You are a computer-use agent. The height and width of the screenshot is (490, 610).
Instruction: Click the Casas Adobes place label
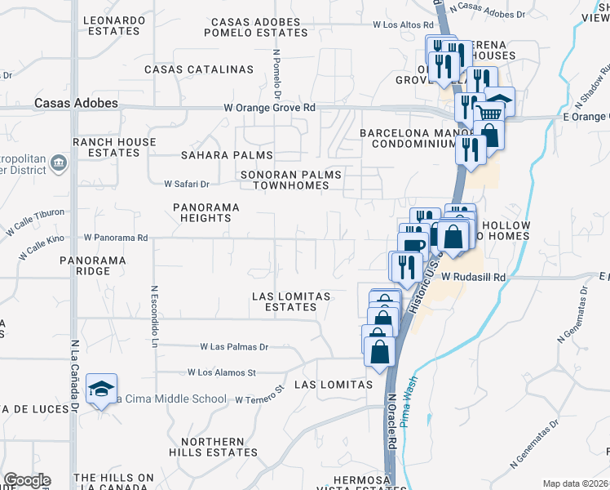tap(76, 104)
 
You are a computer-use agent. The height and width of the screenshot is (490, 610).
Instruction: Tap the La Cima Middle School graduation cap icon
tap(101, 390)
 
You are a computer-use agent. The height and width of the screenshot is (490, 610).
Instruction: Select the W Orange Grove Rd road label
tap(270, 108)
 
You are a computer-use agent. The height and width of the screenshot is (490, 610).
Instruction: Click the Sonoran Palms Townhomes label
tap(291, 180)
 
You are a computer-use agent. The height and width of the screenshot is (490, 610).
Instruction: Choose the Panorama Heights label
tap(206, 212)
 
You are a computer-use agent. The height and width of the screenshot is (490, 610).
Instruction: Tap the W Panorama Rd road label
tap(115, 238)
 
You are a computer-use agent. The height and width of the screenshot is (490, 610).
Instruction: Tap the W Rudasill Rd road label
tap(474, 278)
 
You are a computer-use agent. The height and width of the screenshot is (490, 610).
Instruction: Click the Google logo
tap(27, 480)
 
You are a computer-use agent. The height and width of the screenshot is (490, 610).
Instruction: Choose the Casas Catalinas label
tap(199, 69)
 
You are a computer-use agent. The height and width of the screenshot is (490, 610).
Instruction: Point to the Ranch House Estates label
tap(114, 147)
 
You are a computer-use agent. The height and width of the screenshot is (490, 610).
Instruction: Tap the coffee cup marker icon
tap(413, 245)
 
